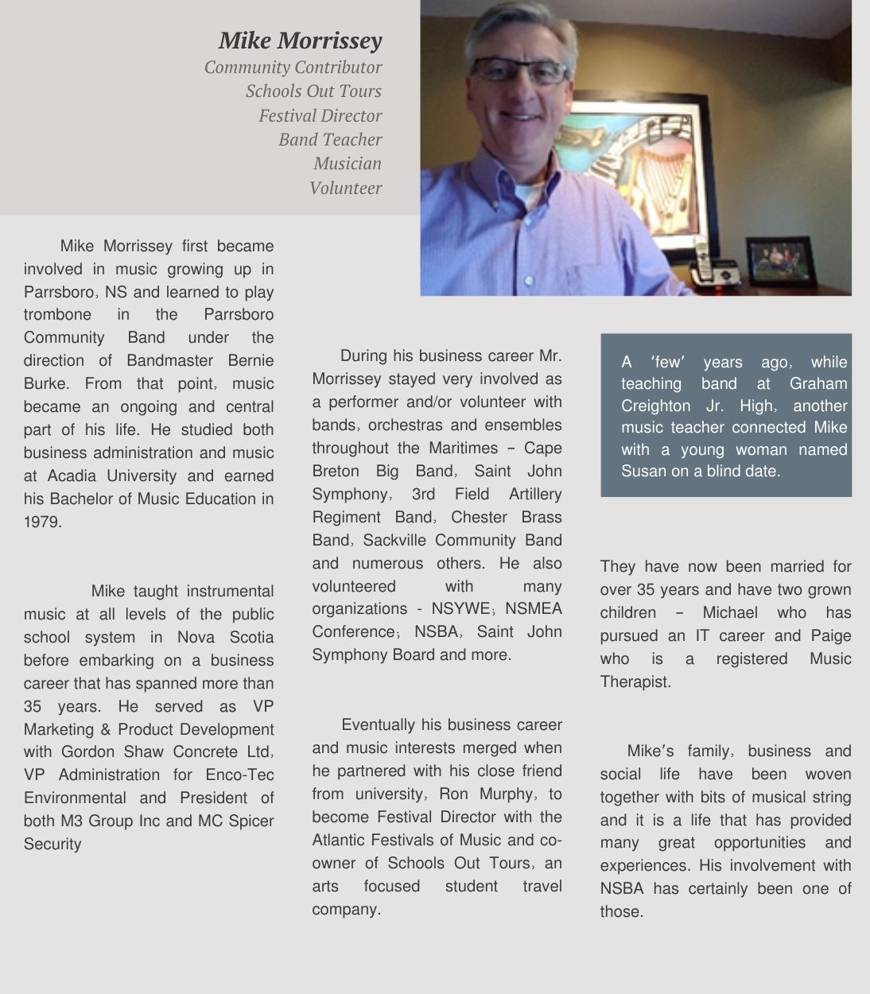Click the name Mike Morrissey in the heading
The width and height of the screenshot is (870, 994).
point(300,40)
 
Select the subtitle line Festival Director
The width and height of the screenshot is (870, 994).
point(320,116)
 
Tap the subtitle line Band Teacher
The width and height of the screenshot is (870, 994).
point(330,140)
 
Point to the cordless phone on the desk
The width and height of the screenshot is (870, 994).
point(705,263)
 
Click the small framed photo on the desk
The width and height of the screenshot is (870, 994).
point(780,262)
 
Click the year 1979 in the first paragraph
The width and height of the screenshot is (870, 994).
point(42,522)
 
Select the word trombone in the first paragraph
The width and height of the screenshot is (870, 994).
point(57,314)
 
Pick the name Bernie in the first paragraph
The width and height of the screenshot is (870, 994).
point(251,360)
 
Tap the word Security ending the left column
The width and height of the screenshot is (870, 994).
point(52,844)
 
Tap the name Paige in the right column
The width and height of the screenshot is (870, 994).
point(830,635)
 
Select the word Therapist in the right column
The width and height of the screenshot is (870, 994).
point(635,681)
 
